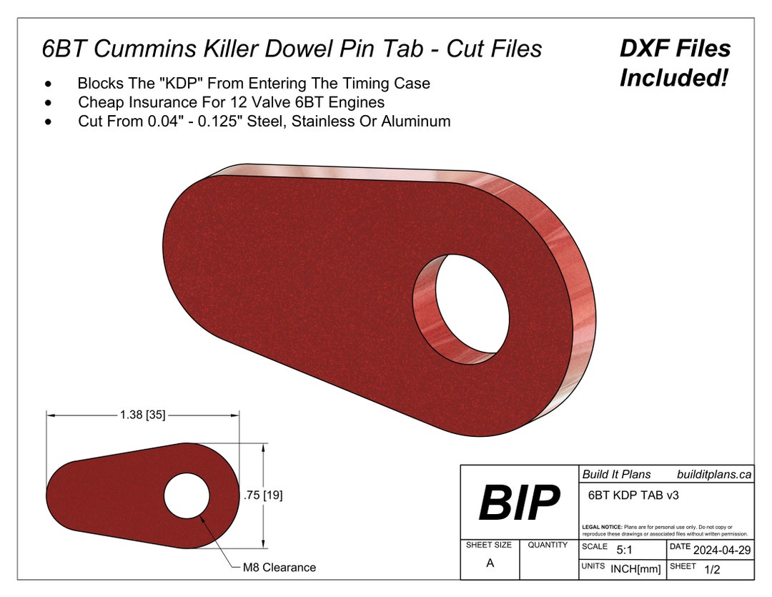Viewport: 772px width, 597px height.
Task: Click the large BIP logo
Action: pos(519,503)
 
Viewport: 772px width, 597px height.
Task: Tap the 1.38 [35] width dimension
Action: pos(143,415)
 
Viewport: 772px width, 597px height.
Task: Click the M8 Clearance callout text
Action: pos(278,567)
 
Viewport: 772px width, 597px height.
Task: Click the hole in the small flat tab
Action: pos(187,495)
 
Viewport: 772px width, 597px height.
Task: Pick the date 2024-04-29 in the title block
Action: pos(721,550)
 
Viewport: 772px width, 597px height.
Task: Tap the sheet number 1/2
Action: pos(712,570)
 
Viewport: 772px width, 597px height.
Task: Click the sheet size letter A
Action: pos(490,563)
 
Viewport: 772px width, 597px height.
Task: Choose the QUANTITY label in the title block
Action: pos(548,545)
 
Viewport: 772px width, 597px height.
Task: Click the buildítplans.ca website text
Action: pos(713,474)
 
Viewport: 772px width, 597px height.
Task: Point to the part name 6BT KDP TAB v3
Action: pos(629,494)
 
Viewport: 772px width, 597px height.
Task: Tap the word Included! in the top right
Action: pos(673,78)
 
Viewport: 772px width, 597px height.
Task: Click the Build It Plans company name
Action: pos(616,474)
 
